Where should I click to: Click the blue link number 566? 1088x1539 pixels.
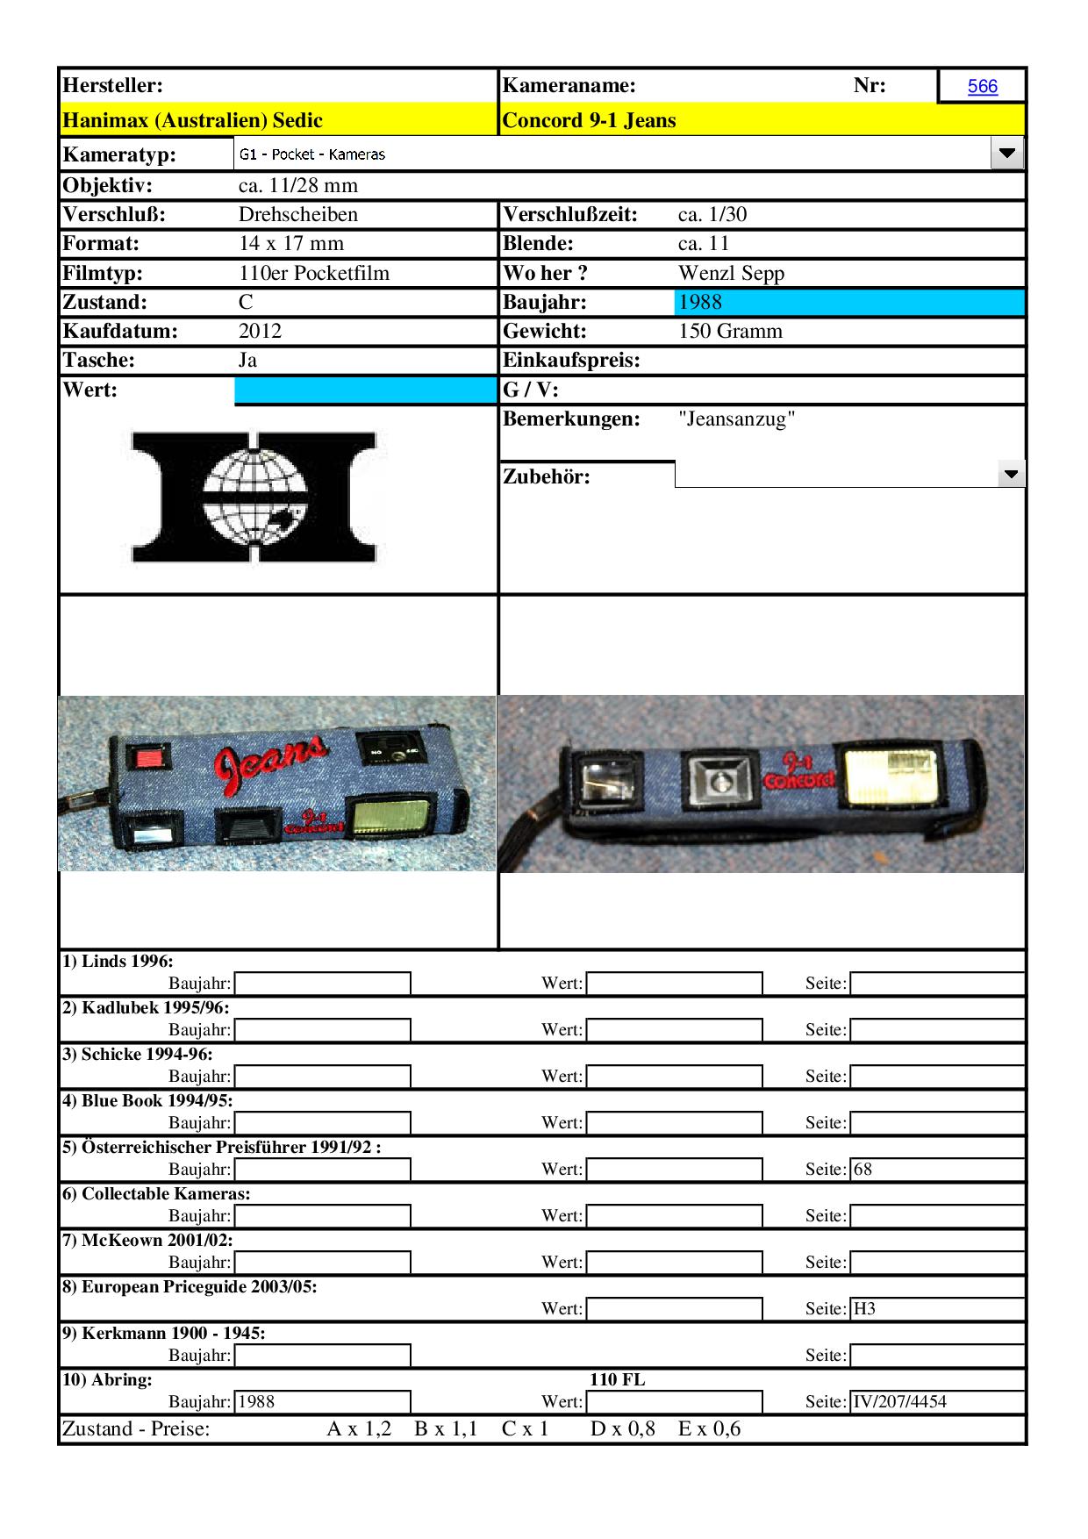[982, 86]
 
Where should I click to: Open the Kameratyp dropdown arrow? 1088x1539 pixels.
[1006, 154]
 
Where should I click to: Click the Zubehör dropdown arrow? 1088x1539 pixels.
[1011, 475]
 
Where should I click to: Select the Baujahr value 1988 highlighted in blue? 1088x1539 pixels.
[700, 303]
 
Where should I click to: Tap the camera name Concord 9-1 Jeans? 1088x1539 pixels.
[589, 120]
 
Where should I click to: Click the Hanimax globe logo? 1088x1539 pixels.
[254, 496]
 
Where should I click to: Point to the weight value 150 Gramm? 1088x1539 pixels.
[730, 332]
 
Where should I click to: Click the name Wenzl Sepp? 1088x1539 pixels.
[731, 274]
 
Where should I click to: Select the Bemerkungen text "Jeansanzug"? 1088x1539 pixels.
[737, 419]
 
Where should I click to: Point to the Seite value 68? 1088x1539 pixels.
[863, 1170]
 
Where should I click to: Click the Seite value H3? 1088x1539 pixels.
[865, 1309]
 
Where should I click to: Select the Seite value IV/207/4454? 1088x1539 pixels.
[900, 1402]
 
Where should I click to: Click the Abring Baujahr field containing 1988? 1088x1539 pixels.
[322, 1402]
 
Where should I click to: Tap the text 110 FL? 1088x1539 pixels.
[617, 1379]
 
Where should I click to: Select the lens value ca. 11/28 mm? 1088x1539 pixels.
[298, 186]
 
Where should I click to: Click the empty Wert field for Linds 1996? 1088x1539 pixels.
[674, 984]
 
